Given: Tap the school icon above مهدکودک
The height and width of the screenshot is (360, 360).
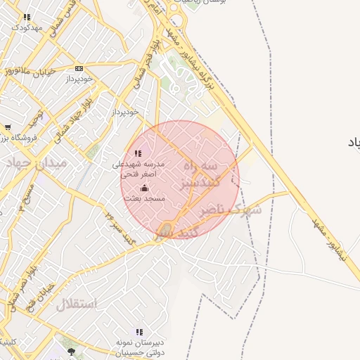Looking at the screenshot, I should click(x=27, y=16).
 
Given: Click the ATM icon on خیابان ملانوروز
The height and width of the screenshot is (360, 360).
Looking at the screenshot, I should click(x=79, y=68).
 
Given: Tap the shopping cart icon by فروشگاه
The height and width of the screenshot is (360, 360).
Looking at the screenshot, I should click(x=7, y=127).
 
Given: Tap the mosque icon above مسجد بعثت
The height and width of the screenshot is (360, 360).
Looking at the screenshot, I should click(x=145, y=188).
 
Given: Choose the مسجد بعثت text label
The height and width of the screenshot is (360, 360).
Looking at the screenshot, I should click(x=145, y=199).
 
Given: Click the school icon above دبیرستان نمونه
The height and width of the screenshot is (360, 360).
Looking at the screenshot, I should click(x=139, y=331).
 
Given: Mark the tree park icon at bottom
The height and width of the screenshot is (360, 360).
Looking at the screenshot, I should click(x=70, y=351).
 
